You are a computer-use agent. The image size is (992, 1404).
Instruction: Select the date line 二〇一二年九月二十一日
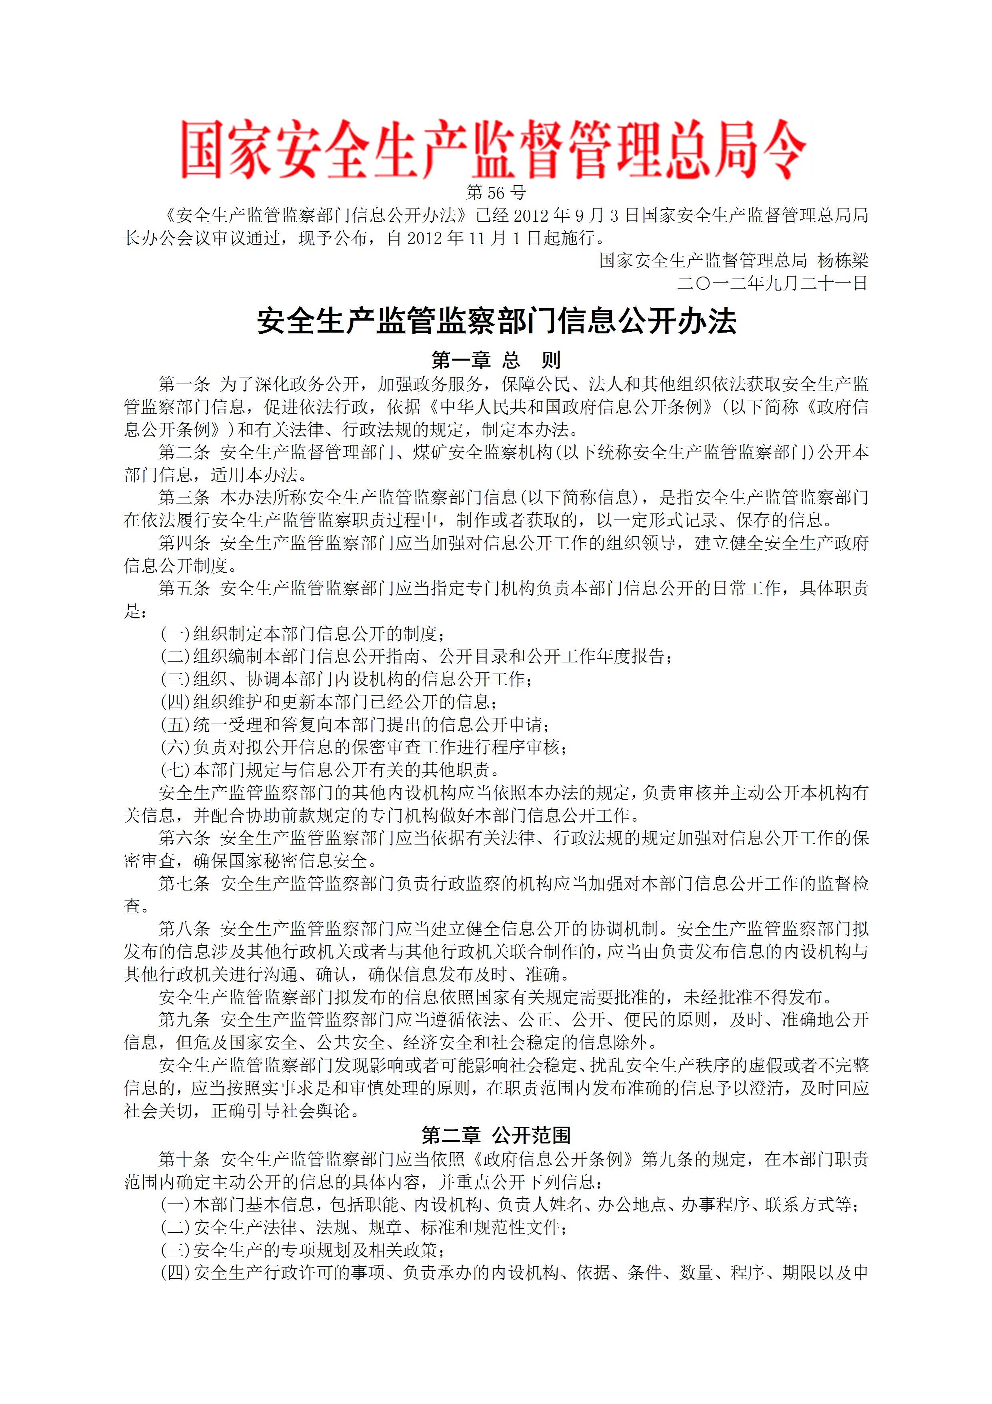click(772, 283)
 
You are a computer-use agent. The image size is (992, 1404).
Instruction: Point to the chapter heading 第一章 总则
click(496, 360)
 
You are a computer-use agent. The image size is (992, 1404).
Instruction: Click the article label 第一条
click(184, 384)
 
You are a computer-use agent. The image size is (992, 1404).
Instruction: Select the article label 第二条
click(184, 453)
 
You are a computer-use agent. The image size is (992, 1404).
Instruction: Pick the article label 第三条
click(184, 498)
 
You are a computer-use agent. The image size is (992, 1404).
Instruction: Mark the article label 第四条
click(184, 543)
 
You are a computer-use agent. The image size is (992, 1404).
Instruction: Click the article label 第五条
click(184, 588)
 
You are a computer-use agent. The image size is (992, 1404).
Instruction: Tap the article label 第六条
click(184, 838)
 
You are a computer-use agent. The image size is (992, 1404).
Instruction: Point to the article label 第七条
click(184, 883)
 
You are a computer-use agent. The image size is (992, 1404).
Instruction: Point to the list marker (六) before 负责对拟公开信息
click(176, 747)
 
